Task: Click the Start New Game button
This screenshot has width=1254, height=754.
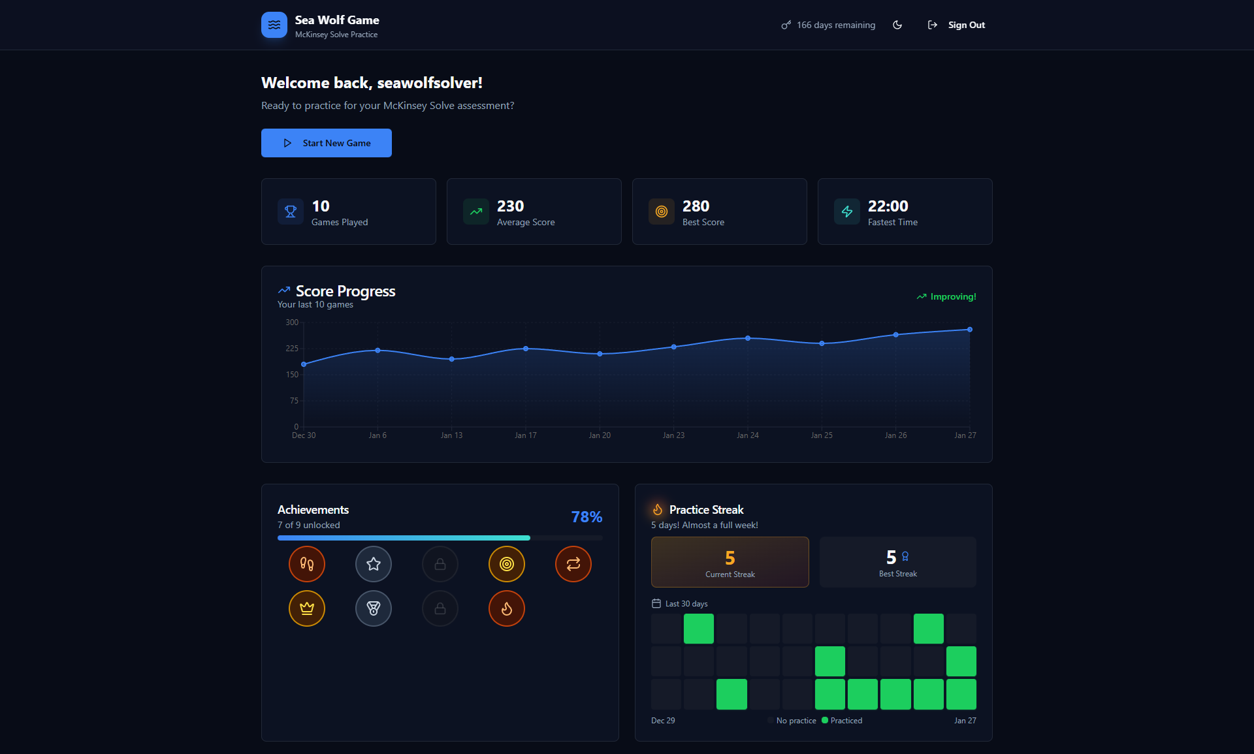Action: [x=326, y=143]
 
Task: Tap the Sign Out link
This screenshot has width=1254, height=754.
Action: [x=965, y=25]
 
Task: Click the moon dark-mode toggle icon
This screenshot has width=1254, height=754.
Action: [x=897, y=25]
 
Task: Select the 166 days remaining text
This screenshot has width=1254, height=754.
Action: [x=835, y=25]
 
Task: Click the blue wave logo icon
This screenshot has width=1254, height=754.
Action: [x=274, y=25]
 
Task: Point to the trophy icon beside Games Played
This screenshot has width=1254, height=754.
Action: [x=291, y=212]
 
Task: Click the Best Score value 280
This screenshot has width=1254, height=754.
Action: [x=696, y=206]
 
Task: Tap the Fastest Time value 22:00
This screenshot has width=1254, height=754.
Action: [x=888, y=206]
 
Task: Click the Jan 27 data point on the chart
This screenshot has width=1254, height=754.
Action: [x=969, y=330]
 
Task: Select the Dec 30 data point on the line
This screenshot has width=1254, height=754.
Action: [x=304, y=364]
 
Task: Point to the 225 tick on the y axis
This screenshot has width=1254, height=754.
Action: [x=292, y=349]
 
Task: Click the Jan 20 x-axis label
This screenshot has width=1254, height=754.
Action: [x=600, y=435]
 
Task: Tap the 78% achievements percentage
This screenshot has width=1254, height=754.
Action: [x=587, y=517]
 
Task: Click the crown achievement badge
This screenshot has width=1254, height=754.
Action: [x=307, y=608]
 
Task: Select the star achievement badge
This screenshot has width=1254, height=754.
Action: [x=374, y=564]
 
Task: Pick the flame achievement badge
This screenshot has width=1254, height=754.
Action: [x=507, y=608]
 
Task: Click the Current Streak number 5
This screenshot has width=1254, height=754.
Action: [x=730, y=558]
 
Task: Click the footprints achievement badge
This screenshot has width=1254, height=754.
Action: [x=307, y=564]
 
